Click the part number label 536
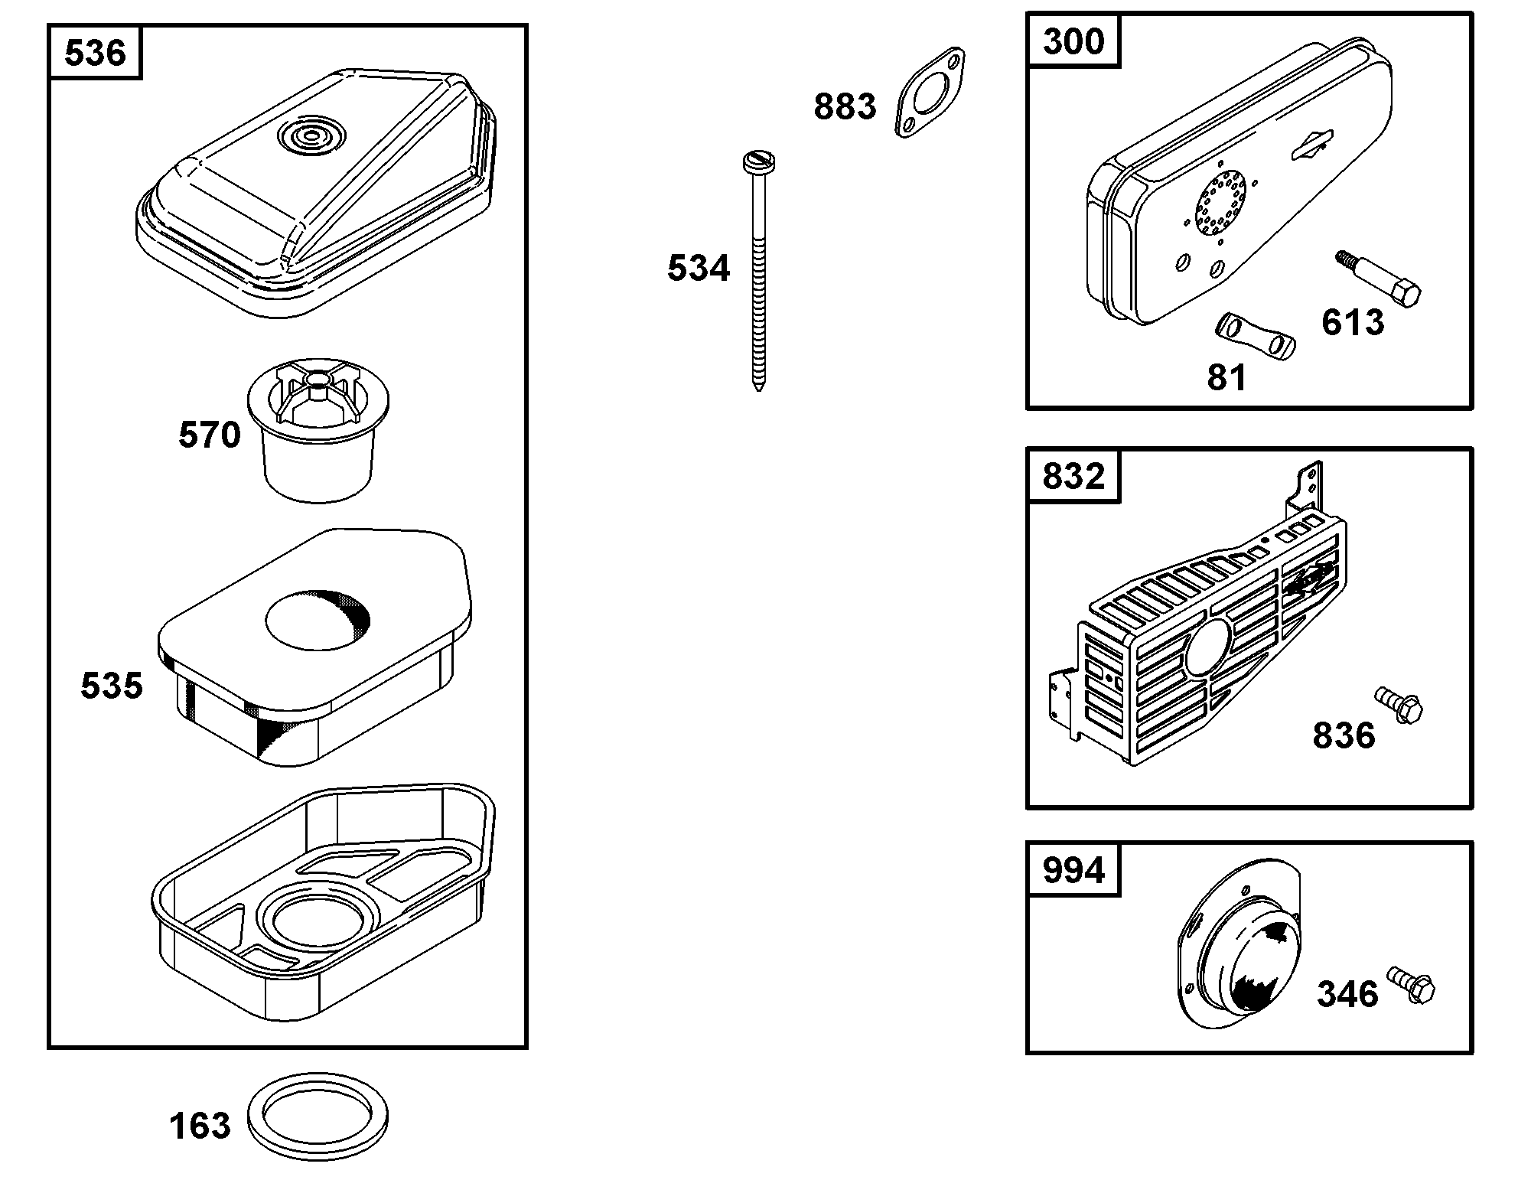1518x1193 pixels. (95, 53)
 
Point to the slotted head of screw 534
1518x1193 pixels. (759, 161)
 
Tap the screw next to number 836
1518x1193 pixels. (1399, 704)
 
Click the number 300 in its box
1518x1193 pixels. (1073, 41)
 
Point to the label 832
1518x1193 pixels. (1073, 476)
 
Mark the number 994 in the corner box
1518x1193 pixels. (1073, 870)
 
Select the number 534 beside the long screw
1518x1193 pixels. (699, 269)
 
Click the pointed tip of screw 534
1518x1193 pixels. (758, 386)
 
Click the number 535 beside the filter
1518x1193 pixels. (112, 686)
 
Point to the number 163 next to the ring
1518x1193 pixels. (200, 1126)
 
